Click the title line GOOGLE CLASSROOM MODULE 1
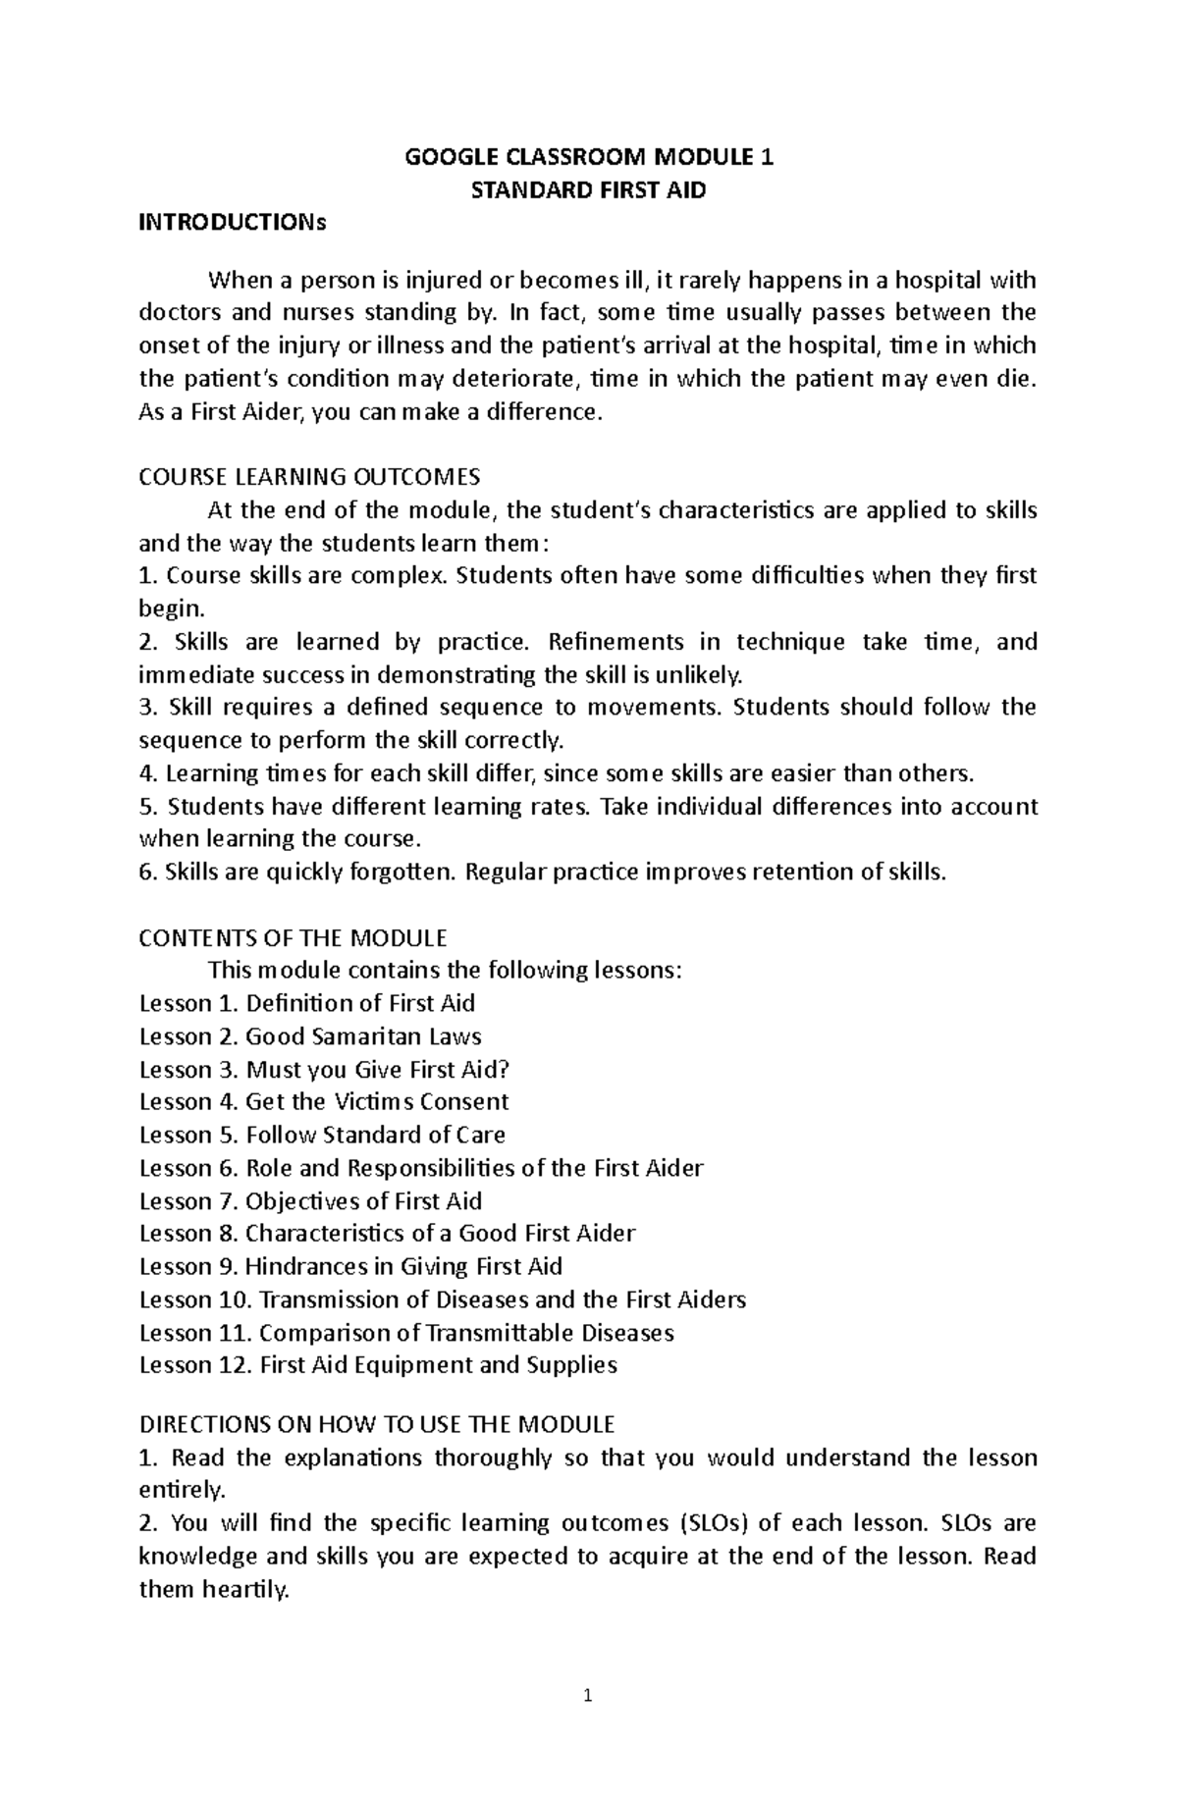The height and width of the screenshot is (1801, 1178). tap(589, 157)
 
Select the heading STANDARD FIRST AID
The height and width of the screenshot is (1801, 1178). tap(589, 190)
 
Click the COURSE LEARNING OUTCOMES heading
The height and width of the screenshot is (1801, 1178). tap(309, 477)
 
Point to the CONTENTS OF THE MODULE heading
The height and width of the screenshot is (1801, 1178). tap(293, 937)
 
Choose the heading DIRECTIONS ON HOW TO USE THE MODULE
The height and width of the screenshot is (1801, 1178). tap(377, 1424)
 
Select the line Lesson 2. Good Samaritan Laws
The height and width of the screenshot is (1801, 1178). tap(310, 1036)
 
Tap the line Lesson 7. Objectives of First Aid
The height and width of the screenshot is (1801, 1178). tap(310, 1201)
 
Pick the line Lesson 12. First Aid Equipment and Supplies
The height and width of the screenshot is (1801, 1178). tap(378, 1365)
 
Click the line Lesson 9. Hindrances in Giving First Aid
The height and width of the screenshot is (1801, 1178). tap(350, 1266)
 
